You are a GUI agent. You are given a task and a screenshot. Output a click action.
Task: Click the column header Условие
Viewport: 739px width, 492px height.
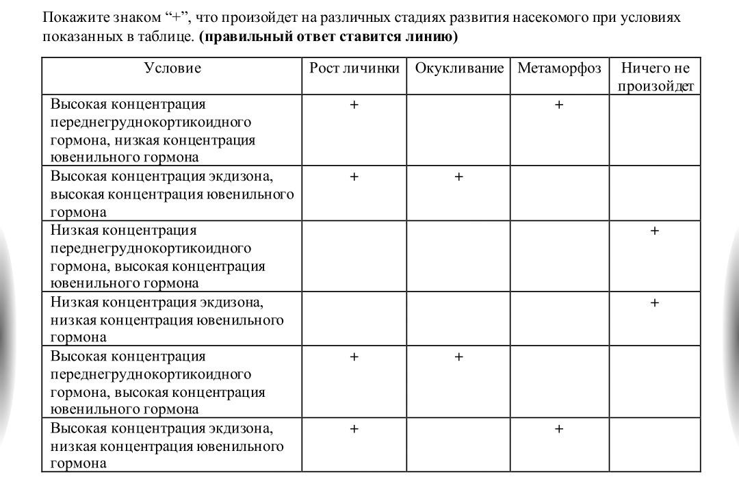pyautogui.click(x=172, y=68)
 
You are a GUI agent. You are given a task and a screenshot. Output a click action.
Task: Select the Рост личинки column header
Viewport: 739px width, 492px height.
pyautogui.click(x=354, y=68)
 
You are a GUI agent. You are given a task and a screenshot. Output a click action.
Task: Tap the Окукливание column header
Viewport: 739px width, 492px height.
pyautogui.click(x=458, y=68)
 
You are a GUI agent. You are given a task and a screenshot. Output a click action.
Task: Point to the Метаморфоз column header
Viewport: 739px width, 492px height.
pyautogui.click(x=559, y=68)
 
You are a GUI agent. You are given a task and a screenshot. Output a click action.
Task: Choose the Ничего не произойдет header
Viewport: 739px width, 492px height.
pyautogui.click(x=655, y=77)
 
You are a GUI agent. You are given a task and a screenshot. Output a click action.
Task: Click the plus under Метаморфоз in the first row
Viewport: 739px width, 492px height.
pyautogui.click(x=559, y=105)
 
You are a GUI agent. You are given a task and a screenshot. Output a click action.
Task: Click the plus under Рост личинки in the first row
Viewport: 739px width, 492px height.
pyautogui.click(x=354, y=105)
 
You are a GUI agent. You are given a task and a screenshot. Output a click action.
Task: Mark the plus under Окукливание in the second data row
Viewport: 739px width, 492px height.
pyautogui.click(x=458, y=176)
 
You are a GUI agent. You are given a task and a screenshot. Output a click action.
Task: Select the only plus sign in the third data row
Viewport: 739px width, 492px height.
pyautogui.click(x=655, y=231)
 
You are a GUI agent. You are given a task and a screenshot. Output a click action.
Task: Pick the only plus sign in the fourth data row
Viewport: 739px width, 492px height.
pyautogui.click(x=655, y=302)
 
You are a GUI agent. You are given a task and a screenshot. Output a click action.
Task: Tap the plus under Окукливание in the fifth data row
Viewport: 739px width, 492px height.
pyautogui.click(x=458, y=357)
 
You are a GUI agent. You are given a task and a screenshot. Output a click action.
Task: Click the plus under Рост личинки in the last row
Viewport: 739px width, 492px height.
pyautogui.click(x=354, y=428)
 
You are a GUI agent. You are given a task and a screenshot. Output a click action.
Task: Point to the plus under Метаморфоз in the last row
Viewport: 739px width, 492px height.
pyautogui.click(x=559, y=428)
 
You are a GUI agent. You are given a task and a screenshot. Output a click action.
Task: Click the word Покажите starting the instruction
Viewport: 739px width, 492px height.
pyautogui.click(x=72, y=17)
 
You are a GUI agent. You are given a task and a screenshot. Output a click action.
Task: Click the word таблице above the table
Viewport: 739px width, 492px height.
pyautogui.click(x=163, y=36)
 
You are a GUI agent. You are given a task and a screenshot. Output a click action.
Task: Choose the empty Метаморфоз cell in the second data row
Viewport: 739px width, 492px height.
pyautogui.click(x=559, y=192)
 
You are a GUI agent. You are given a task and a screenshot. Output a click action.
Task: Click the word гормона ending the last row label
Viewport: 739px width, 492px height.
pyautogui.click(x=78, y=463)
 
